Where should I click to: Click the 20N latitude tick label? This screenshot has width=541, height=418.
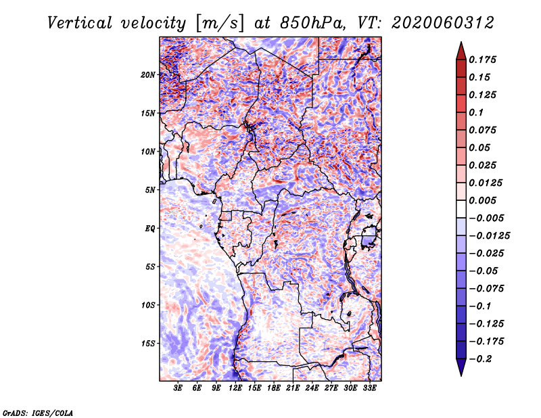coord(149,74)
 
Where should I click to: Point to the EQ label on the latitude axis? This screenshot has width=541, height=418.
coord(150,228)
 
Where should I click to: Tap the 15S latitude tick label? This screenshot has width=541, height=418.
coord(149,344)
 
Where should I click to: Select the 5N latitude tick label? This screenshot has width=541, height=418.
coord(150,190)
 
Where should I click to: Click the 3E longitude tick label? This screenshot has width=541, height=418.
coord(179,389)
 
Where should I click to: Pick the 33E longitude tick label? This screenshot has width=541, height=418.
coord(369,389)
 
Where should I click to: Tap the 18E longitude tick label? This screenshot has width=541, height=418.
coord(274,389)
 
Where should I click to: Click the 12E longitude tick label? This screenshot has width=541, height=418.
coord(236,389)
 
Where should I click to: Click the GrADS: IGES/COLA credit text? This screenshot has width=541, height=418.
coord(38,412)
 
